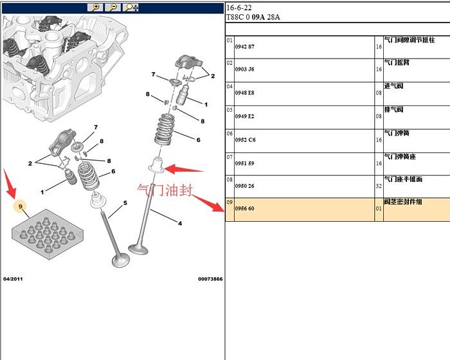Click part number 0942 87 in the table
click(244, 47)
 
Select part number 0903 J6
click(244, 69)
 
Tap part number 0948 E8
click(244, 93)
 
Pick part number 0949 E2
click(244, 116)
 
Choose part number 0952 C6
click(244, 139)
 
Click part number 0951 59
click(244, 163)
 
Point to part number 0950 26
click(244, 186)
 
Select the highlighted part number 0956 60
click(244, 209)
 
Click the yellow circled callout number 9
click(21, 206)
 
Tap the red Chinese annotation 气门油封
click(165, 190)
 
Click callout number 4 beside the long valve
click(179, 223)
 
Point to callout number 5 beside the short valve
click(125, 203)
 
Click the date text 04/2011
click(14, 279)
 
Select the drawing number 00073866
click(210, 279)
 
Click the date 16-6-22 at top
click(239, 8)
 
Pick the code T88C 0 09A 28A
click(253, 17)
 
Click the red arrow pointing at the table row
click(208, 204)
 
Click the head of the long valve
click(139, 248)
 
